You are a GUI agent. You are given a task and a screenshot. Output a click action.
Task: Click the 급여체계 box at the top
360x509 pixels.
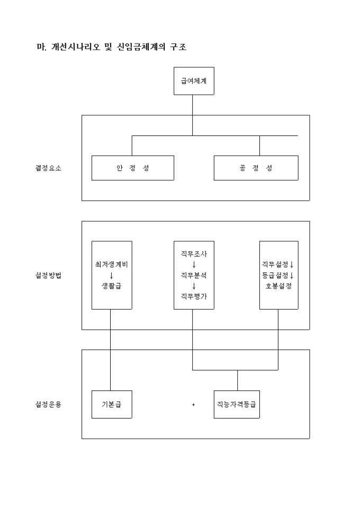[194, 81]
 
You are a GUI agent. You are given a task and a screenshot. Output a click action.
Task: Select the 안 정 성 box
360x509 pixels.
[132, 168]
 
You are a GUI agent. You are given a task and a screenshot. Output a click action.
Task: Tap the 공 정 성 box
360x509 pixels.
[256, 168]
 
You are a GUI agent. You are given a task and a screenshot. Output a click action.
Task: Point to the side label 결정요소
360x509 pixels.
[45, 168]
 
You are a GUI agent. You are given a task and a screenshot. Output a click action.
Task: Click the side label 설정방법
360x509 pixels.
[45, 276]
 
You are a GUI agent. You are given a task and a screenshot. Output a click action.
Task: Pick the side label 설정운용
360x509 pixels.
[45, 405]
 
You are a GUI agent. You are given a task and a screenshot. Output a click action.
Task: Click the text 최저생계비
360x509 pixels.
[111, 264]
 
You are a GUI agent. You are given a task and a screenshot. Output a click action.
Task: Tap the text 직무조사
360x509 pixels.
[193, 253]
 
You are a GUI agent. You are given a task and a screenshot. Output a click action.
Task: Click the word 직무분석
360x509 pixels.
[193, 275]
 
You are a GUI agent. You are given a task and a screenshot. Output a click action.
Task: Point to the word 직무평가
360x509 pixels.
[193, 296]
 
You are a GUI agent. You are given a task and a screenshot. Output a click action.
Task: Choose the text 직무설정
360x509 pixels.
[275, 264]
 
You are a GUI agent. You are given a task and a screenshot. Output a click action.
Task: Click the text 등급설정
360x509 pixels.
[275, 275]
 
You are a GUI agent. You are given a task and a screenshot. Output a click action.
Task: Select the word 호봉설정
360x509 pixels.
[278, 286]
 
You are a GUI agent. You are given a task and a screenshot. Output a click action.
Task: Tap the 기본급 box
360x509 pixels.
[111, 405]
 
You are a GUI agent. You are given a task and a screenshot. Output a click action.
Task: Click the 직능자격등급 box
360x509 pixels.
[236, 405]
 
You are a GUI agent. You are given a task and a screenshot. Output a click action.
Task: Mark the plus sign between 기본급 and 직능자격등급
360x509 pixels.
[193, 405]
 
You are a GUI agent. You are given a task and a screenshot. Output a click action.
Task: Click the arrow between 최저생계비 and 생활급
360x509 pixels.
[111, 275]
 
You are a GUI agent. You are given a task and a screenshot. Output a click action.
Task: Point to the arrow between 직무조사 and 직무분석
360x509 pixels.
[193, 265]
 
